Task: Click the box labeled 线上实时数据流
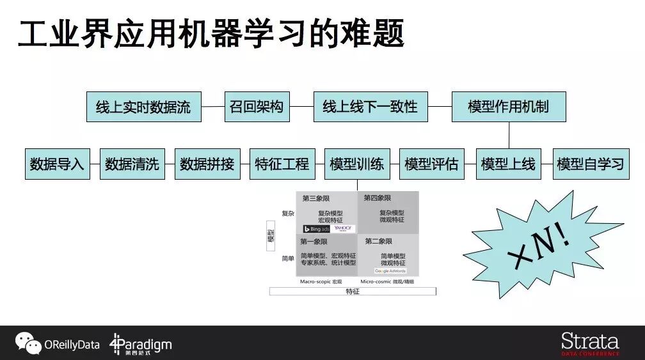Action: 143,107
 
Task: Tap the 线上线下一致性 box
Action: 370,107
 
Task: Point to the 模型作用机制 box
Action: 508,107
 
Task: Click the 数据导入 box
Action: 57,164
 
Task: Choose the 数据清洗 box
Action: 132,164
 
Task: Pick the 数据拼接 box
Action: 207,164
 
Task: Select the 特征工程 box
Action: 282,164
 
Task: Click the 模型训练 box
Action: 357,164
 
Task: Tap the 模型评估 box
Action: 431,164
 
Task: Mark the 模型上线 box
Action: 508,164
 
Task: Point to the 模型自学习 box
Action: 590,164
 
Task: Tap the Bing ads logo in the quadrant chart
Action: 316,228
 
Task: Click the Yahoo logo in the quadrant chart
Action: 343,228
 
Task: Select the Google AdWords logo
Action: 390,271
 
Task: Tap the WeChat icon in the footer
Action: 28,343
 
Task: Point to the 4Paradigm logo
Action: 141,344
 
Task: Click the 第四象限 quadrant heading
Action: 378,198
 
